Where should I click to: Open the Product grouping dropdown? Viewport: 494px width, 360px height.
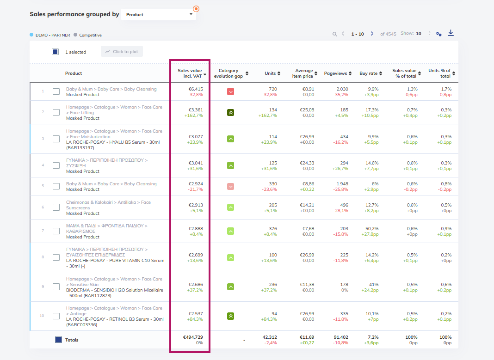tap(159, 14)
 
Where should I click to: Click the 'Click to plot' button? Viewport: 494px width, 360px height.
tap(122, 52)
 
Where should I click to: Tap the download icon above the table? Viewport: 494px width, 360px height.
tap(451, 33)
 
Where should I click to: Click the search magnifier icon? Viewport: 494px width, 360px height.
tap(334, 34)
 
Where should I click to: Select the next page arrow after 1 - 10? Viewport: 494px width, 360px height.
tap(372, 34)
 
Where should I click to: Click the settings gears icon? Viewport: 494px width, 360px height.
tap(439, 34)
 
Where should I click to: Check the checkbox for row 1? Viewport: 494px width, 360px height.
tap(56, 92)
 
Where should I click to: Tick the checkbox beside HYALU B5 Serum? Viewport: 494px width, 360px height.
tap(56, 139)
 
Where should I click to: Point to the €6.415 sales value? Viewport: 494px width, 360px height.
tap(196, 89)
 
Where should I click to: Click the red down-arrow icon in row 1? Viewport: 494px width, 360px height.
tap(231, 92)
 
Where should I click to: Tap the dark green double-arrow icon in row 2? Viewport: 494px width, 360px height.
tap(231, 112)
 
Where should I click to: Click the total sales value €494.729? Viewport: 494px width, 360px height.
tap(193, 337)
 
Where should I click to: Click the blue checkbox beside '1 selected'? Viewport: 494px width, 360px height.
tap(55, 52)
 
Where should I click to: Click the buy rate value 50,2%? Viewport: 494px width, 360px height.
tap(372, 228)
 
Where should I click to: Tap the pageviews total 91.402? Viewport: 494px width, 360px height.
tap(341, 337)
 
